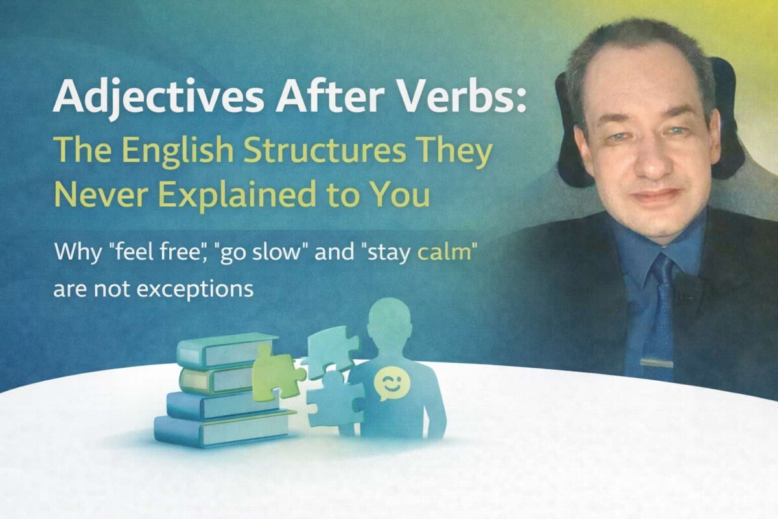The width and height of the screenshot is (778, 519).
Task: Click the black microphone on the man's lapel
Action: coord(686,285)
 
